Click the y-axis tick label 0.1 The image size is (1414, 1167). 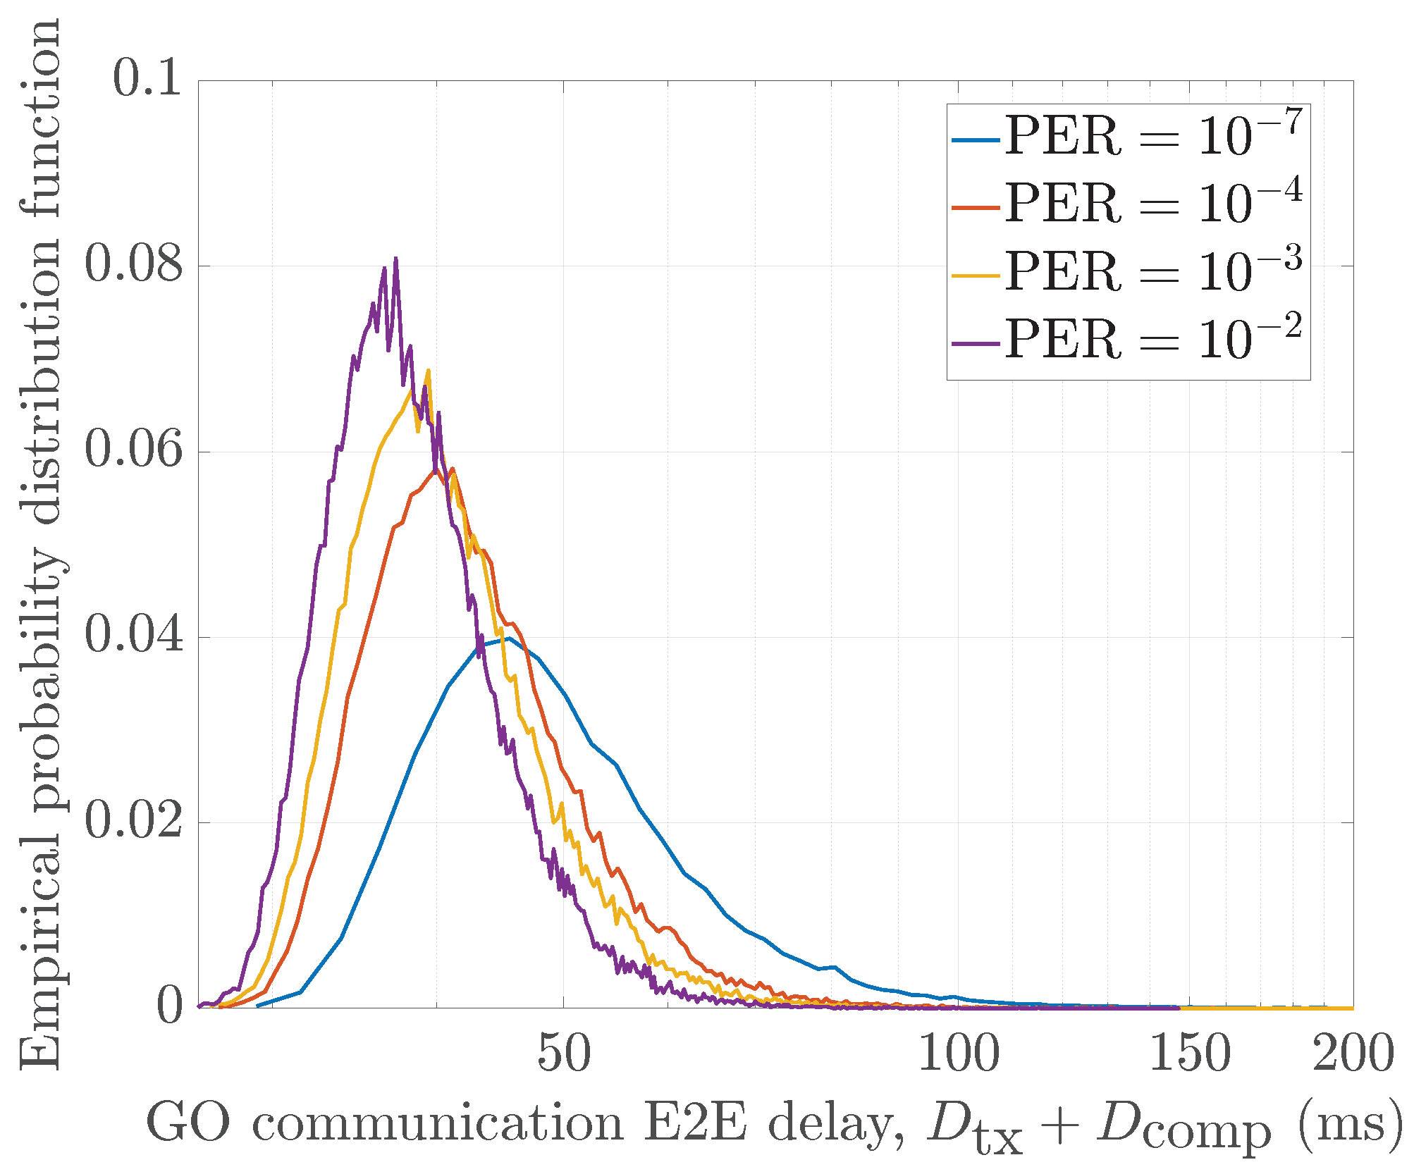147,79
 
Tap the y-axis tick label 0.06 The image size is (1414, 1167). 134,451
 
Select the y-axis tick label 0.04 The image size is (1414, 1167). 134,636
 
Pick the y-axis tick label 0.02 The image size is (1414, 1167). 134,822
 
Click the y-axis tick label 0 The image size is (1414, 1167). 170,1007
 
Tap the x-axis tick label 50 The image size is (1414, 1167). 563,1054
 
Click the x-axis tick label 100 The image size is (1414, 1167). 958,1054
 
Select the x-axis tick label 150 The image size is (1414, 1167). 1190,1054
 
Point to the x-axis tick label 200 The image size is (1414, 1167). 1353,1054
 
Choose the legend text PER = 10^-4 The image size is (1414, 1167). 1153,204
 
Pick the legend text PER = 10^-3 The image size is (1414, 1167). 1153,271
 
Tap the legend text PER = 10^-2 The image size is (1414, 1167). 1153,339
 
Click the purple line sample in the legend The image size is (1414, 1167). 976,343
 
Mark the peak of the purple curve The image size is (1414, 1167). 395,259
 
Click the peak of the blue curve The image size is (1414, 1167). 508,638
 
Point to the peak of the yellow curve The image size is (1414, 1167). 428,370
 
